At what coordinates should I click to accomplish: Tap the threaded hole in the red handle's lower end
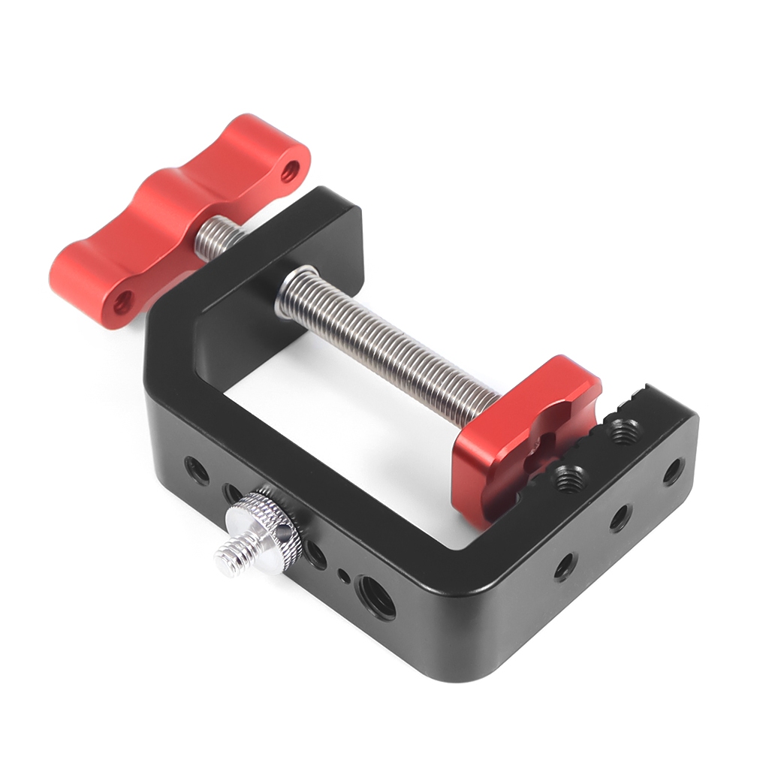(122, 303)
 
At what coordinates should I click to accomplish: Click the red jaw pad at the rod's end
(526, 436)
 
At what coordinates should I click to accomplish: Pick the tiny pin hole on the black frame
(343, 576)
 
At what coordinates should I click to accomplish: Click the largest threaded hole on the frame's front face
(375, 596)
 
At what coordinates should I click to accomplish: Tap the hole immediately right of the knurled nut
(316, 556)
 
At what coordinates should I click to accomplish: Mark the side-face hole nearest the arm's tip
(672, 471)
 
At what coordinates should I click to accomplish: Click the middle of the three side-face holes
(620, 517)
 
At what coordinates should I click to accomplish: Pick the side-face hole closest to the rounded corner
(565, 565)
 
